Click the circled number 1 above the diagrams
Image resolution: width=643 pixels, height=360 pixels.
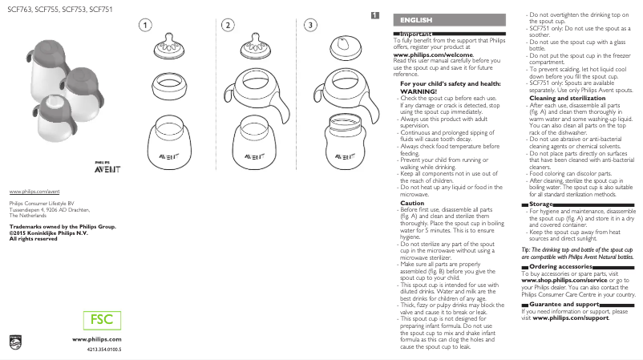click(144, 26)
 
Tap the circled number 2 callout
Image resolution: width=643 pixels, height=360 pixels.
click(228, 26)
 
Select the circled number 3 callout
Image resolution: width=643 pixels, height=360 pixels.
click(310, 26)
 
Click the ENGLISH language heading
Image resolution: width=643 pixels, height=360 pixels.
click(416, 19)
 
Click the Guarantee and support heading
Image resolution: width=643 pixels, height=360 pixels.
click(564, 305)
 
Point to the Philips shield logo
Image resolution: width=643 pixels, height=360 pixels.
click(16, 342)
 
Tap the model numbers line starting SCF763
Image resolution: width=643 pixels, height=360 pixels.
click(49, 9)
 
